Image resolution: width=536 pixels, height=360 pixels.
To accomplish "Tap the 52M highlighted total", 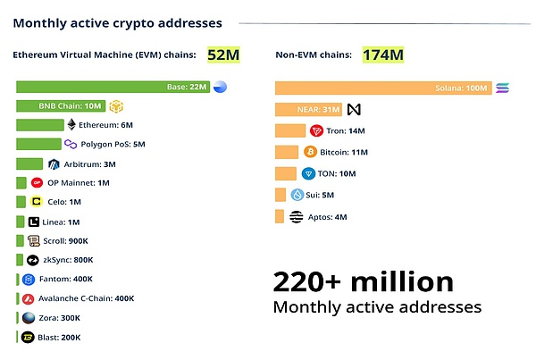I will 223,55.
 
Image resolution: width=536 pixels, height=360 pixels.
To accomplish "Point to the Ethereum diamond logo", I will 71,125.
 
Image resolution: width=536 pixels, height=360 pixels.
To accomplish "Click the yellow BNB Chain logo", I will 115,106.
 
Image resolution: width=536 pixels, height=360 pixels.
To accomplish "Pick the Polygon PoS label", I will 113,145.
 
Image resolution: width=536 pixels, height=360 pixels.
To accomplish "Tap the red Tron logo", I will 314,130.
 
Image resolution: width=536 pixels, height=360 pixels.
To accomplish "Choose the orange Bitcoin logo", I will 312,152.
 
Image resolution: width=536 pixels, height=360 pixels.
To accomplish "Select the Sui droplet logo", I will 297,195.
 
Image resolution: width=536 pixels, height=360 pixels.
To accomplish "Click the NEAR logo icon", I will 354,109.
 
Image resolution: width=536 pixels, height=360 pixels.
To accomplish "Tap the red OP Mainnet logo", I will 37,183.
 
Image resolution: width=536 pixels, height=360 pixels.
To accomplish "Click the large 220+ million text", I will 363,282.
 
